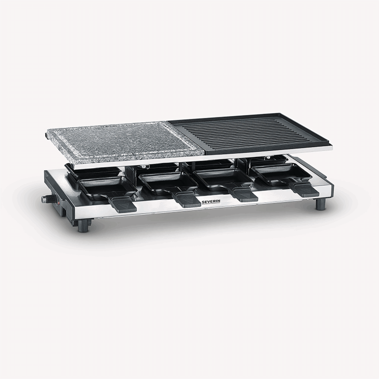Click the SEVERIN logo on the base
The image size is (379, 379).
[x=211, y=202]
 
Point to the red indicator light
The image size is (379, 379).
[x=57, y=202]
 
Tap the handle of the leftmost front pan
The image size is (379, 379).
[x=122, y=204]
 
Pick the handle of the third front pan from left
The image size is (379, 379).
[x=244, y=194]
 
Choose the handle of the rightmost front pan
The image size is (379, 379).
[x=305, y=190]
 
